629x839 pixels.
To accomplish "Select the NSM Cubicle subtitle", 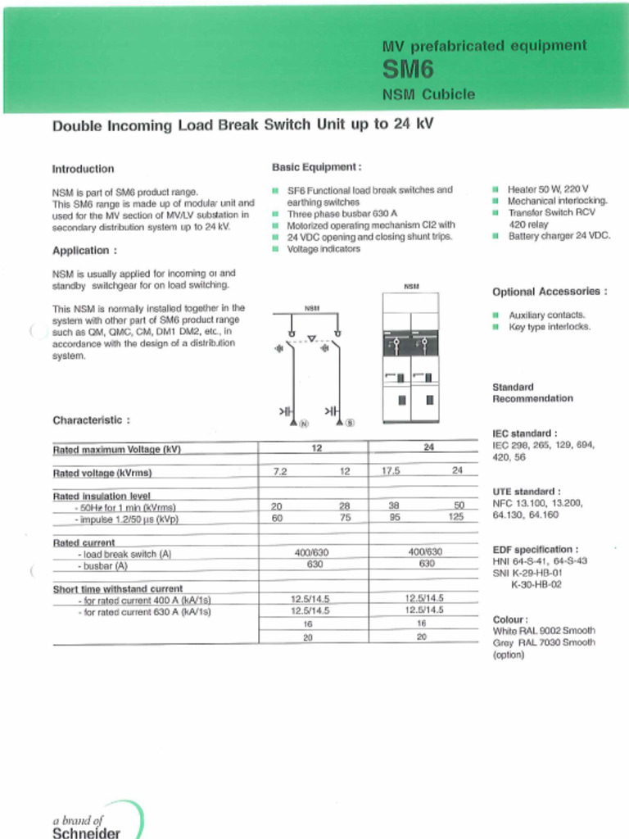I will pyautogui.click(x=428, y=94).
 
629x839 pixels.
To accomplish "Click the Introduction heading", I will pyautogui.click(x=84, y=169).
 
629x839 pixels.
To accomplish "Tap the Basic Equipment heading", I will pyautogui.click(x=316, y=167).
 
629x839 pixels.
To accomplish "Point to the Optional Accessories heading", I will pyautogui.click(x=550, y=292).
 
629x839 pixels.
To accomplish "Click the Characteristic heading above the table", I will pyautogui.click(x=91, y=420).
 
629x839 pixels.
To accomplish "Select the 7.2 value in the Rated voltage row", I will pyautogui.click(x=280, y=472).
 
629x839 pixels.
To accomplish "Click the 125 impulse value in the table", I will pyautogui.click(x=456, y=518).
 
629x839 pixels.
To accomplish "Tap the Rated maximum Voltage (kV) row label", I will pyautogui.click(x=116, y=450).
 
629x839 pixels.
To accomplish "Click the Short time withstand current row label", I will pyautogui.click(x=118, y=588).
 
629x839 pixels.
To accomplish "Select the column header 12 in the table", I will pyautogui.click(x=316, y=448).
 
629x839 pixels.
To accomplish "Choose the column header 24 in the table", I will pyautogui.click(x=428, y=448).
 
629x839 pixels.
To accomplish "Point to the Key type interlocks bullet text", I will pyautogui.click(x=549, y=327).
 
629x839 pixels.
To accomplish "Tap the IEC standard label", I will pyautogui.click(x=525, y=433).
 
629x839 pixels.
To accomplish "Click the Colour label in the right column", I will pyautogui.click(x=510, y=619).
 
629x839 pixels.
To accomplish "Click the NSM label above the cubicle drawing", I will pyautogui.click(x=411, y=287).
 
